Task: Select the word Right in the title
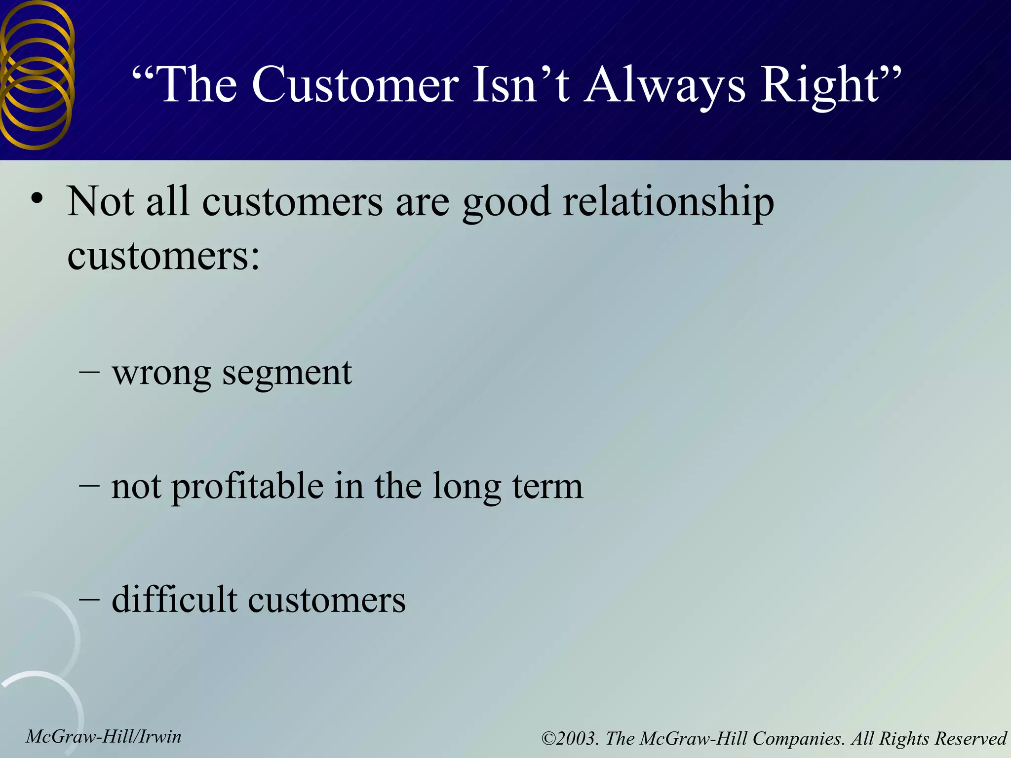click(x=819, y=85)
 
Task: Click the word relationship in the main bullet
click(x=668, y=202)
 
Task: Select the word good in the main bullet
click(x=506, y=202)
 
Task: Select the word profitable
click(x=247, y=487)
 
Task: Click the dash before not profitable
click(x=89, y=486)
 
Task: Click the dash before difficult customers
click(x=89, y=600)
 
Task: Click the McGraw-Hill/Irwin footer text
click(x=104, y=737)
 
